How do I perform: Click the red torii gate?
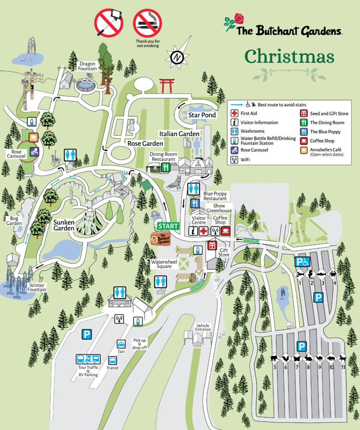coord(167,86)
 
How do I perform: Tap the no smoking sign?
coord(147,23)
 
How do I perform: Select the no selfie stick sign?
coord(108,23)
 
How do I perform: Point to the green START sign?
coord(168,226)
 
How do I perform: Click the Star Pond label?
coord(202,115)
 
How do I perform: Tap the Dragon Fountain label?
coord(88,66)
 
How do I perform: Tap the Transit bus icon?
coord(112,360)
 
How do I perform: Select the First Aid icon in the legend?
coord(235,113)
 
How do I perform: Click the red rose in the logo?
coord(239,18)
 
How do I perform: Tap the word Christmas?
coord(289,57)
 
